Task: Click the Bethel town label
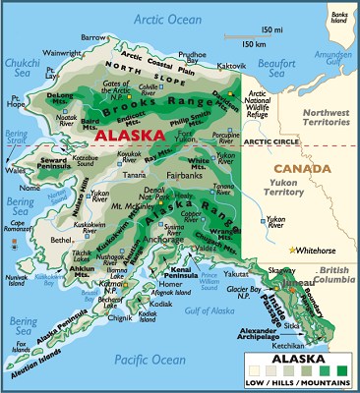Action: click(x=61, y=239)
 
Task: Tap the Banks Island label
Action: click(x=339, y=17)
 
